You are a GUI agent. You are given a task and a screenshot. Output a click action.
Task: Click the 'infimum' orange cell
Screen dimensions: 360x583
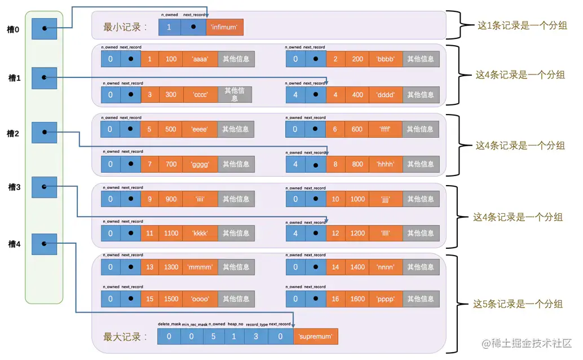pos(225,27)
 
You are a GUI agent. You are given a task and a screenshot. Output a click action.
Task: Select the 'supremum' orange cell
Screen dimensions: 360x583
pos(315,337)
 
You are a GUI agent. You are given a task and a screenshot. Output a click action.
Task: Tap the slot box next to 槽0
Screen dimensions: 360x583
pos(43,28)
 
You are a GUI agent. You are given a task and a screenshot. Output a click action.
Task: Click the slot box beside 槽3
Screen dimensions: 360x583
pos(43,187)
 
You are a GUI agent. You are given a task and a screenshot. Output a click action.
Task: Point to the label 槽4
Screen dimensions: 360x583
pos(14,244)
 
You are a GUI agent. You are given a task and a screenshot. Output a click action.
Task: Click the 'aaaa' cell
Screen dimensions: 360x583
pos(200,59)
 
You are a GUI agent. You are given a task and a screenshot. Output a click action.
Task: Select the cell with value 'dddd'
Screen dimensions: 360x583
pos(386,95)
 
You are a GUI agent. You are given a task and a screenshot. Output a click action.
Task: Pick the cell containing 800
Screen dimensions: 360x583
pos(357,164)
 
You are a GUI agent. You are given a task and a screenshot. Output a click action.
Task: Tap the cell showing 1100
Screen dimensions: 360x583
pos(171,233)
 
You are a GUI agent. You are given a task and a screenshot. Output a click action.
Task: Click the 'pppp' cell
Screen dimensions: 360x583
pos(386,299)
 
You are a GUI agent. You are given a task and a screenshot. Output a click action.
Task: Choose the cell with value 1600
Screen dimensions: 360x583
pos(357,299)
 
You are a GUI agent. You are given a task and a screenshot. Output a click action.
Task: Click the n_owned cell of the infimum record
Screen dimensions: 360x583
pos(169,27)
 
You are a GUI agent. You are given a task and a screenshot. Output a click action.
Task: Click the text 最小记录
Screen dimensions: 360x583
pos(125,27)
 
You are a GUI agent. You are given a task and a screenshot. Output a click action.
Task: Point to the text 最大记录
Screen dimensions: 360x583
pos(125,337)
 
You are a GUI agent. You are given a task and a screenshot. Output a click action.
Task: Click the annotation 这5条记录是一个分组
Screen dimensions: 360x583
pos(518,304)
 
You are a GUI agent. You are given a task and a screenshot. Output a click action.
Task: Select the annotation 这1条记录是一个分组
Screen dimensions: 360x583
pos(522,25)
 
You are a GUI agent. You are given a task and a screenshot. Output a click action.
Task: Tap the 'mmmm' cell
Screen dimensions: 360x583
pos(200,267)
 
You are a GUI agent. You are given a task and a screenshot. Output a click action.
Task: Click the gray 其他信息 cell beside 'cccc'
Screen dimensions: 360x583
pos(235,95)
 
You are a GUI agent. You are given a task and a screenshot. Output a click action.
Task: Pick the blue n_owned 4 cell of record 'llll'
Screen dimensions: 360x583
pos(295,233)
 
